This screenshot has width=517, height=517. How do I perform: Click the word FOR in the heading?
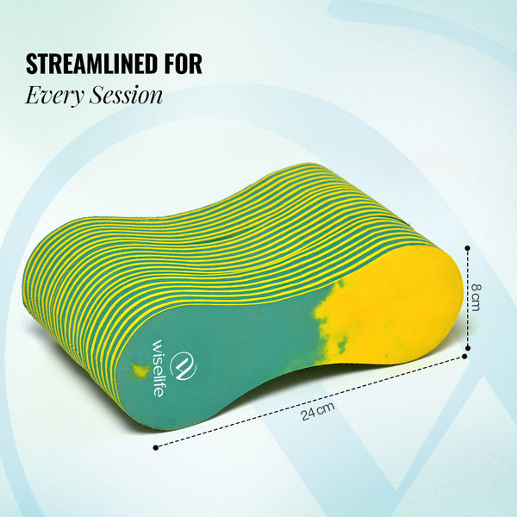(x=184, y=63)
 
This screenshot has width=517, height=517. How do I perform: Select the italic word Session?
(x=127, y=96)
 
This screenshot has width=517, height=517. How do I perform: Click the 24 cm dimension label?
(x=317, y=411)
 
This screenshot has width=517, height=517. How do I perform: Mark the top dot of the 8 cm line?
(x=467, y=247)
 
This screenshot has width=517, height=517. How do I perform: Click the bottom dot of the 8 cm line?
(x=467, y=347)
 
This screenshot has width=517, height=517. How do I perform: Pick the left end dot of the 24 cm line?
(x=156, y=447)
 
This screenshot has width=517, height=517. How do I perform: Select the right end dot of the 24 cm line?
(x=464, y=356)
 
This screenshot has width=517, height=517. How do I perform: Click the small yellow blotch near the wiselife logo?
(x=139, y=371)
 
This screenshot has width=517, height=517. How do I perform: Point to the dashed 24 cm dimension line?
(x=310, y=402)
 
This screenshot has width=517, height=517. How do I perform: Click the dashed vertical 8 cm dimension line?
(x=467, y=297)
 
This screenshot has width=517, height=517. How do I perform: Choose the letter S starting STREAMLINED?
(x=32, y=63)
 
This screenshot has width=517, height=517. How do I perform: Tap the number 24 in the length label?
(x=308, y=414)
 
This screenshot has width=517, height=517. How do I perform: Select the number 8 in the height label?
(x=476, y=288)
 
